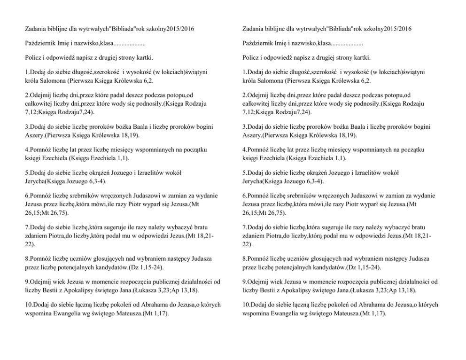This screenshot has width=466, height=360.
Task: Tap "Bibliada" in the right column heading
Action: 338,29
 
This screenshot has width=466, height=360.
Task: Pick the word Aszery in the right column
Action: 252,135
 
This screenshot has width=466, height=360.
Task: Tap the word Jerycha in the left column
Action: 34,181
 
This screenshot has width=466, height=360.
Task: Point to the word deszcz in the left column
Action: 125,94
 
